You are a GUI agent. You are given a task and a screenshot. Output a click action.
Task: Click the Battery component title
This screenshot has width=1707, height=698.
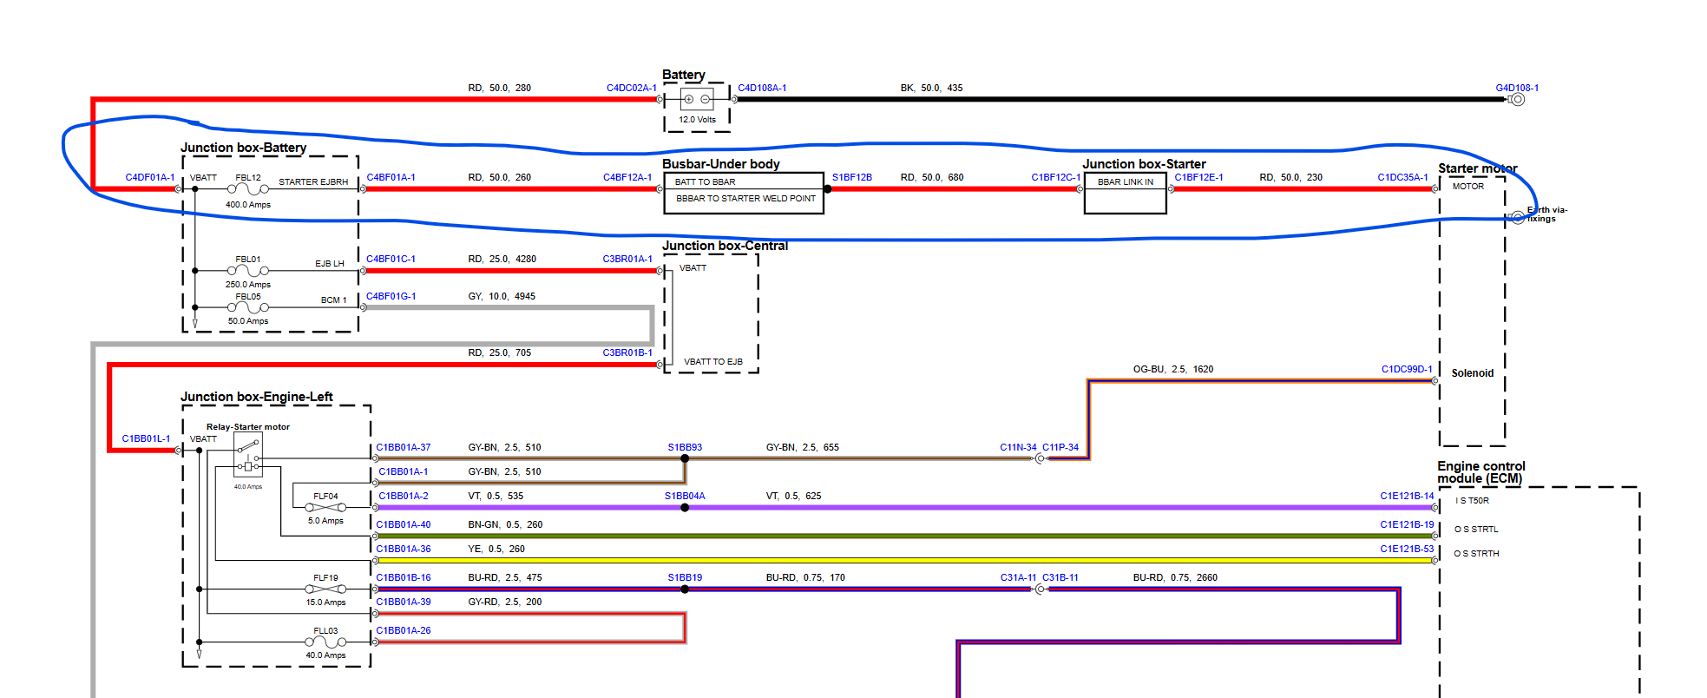pos(683,75)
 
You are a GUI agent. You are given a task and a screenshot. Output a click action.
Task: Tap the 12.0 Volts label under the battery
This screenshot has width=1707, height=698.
pos(697,120)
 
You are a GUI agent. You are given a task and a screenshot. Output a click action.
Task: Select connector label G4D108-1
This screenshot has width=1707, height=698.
pos(1516,88)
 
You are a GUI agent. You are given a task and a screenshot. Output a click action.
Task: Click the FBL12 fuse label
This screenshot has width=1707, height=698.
pos(248,177)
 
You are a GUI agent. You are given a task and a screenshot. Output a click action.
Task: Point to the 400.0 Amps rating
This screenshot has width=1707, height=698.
pos(248,205)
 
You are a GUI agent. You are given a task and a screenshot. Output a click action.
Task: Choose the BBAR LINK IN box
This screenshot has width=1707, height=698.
pos(1125,182)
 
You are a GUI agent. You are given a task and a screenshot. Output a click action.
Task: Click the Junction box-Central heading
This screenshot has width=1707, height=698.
pos(725,246)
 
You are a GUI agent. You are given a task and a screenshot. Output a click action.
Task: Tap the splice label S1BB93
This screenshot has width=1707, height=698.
pos(685,447)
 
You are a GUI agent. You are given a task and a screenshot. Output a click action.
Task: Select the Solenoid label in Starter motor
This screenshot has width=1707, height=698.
pos(1472,373)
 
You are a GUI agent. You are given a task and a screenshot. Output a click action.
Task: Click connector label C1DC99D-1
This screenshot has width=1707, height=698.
pos(1407,369)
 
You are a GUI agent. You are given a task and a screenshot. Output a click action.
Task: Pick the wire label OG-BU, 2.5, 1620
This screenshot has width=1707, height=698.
pos(1172,369)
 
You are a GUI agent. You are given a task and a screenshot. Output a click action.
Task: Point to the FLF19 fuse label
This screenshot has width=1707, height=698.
pos(325,577)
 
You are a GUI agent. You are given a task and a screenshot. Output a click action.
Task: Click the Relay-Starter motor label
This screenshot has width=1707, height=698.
pos(248,427)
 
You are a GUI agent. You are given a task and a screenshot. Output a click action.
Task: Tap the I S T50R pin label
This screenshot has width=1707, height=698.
pos(1474,501)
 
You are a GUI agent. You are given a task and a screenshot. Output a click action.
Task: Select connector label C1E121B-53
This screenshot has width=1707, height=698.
pos(1407,549)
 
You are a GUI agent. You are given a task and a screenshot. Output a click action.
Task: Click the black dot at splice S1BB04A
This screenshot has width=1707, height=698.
pos(685,508)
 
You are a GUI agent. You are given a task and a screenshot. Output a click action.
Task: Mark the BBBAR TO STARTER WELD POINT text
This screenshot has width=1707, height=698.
pos(745,199)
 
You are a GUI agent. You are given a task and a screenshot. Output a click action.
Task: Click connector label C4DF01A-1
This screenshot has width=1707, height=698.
pos(149,177)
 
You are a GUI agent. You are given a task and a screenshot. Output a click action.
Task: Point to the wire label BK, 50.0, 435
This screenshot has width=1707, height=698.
pos(930,88)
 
